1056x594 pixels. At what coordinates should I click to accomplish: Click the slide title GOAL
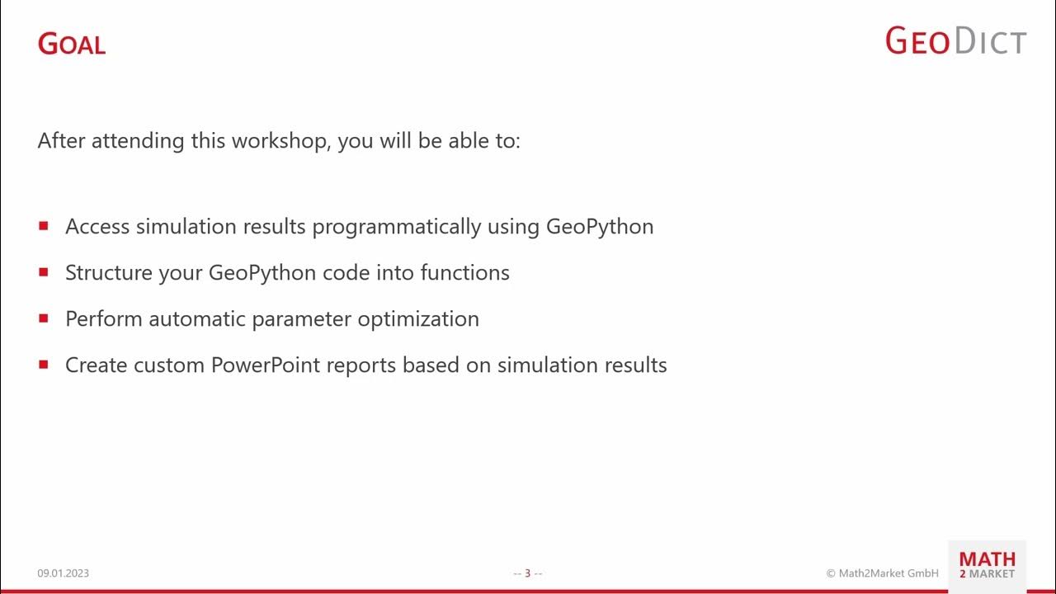[72, 44]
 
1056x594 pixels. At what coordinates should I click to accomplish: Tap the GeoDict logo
[955, 40]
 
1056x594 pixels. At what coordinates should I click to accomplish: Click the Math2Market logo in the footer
[987, 566]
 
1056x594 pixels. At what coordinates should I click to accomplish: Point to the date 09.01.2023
[63, 573]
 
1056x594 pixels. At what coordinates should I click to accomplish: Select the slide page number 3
[528, 573]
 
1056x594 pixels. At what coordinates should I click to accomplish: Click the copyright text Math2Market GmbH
[883, 573]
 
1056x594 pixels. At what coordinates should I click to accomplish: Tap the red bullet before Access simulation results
[44, 225]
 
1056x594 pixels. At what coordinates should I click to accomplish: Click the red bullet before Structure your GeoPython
[44, 271]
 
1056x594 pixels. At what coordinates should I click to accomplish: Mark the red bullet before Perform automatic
[44, 318]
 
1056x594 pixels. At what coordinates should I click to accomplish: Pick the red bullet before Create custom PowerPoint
[44, 364]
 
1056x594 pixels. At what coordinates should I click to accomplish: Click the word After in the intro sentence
[61, 141]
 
